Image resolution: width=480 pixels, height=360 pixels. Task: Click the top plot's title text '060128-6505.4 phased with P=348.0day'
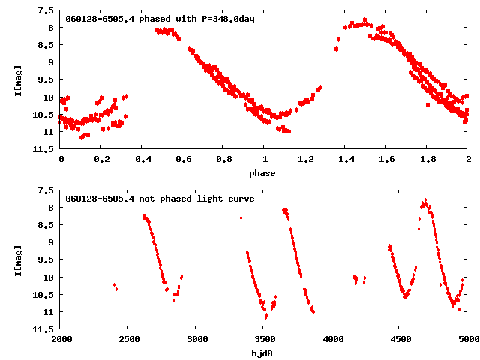coord(160,19)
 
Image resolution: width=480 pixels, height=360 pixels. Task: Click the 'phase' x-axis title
coord(262,173)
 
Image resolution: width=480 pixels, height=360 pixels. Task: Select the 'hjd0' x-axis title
coord(262,353)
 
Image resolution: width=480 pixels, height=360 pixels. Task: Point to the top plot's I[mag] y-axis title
coord(18,80)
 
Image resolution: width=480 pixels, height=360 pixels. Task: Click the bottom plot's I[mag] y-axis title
coord(18,260)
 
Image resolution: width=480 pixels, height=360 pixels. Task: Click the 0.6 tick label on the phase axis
coord(183,160)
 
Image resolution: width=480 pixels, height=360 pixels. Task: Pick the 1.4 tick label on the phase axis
coord(346,160)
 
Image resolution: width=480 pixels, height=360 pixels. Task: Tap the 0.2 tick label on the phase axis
coord(101,160)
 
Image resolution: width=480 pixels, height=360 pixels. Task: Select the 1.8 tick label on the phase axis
coord(427,160)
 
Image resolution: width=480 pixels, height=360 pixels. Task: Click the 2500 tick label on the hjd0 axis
coord(128,340)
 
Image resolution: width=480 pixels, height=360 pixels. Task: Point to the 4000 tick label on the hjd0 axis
coord(332,340)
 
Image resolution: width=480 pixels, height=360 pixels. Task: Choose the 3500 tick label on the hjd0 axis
coord(264,340)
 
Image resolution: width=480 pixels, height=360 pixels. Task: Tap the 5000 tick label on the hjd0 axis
coord(465,340)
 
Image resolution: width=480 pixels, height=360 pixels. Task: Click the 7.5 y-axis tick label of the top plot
coord(45,11)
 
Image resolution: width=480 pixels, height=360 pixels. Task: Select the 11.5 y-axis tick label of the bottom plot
coord(43,329)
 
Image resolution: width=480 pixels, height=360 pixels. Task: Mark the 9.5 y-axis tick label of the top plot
coord(45,80)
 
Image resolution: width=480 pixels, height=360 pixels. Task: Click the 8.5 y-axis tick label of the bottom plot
coord(45,226)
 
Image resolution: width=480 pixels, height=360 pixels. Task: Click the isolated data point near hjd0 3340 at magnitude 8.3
coord(241,217)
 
